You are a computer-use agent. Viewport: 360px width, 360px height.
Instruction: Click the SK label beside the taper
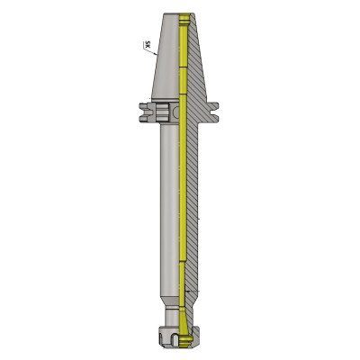(147, 45)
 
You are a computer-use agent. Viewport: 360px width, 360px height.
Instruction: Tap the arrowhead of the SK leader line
(156, 54)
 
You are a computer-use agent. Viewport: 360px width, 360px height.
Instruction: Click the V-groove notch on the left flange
(144, 112)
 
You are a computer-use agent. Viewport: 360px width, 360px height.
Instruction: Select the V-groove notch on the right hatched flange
(213, 112)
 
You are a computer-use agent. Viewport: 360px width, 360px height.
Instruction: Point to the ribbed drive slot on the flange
(161, 112)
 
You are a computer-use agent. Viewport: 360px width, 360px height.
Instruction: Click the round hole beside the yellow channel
(175, 112)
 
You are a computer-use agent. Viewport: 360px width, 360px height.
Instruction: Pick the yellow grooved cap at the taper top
(184, 20)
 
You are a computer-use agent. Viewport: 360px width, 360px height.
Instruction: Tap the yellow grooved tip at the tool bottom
(185, 340)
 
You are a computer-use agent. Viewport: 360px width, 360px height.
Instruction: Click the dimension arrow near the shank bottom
(192, 292)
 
